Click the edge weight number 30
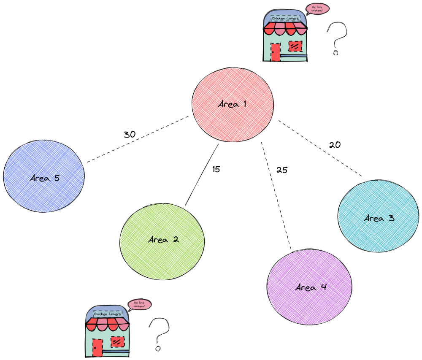tap(129, 135)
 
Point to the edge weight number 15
tap(216, 169)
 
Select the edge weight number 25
tap(281, 170)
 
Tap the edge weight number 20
tap(335, 145)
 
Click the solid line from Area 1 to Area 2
tap(202, 175)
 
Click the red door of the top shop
tap(275, 53)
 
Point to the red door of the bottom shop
tap(97, 348)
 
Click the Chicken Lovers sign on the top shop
tap(285, 19)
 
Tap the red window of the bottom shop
tap(117, 341)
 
